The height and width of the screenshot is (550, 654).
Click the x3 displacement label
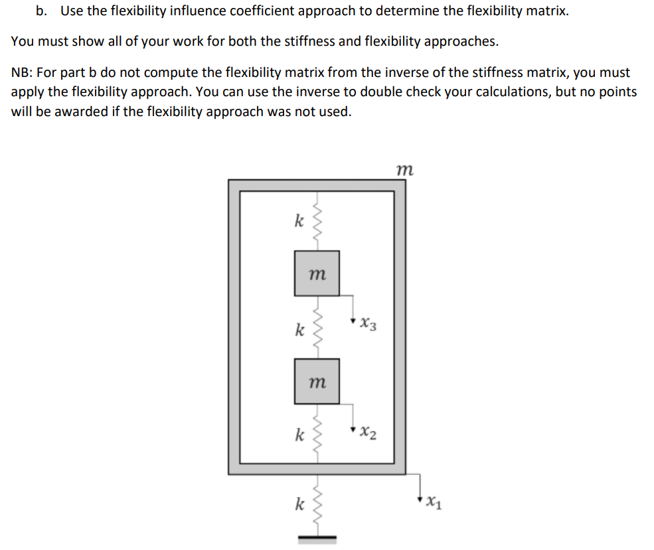[x=368, y=325]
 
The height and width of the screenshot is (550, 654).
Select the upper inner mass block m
[x=317, y=273]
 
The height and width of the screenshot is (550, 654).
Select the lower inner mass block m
[x=317, y=381]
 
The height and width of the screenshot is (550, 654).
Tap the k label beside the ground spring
[x=299, y=505]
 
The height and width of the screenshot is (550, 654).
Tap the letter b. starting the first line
[x=42, y=12]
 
